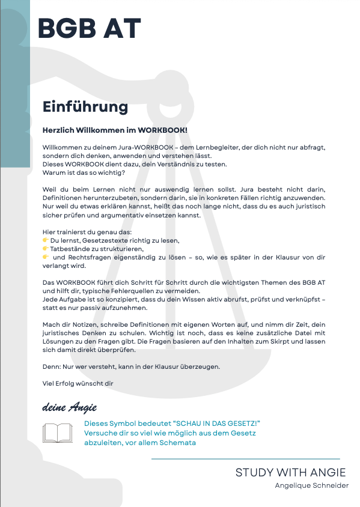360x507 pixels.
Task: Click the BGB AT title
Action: tap(89, 28)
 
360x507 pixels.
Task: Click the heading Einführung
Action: tap(85, 107)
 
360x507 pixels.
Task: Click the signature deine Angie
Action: tap(70, 407)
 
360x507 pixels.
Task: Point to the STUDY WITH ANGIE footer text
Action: tap(290, 473)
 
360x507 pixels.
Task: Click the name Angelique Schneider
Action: tap(311, 485)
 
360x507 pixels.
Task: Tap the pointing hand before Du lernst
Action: tap(46, 240)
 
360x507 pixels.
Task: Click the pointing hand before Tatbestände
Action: tap(46, 249)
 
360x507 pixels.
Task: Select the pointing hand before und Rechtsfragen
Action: tap(46, 257)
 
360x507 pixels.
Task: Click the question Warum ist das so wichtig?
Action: tap(84, 173)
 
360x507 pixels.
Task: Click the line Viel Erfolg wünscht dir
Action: tap(78, 383)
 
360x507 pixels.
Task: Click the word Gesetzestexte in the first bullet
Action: tap(102, 240)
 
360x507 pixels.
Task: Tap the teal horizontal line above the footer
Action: tap(245, 459)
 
